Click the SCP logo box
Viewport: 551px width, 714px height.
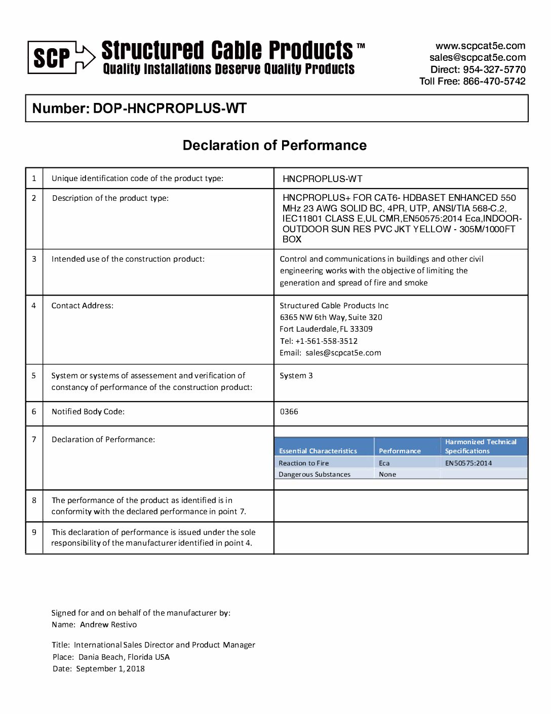click(x=52, y=58)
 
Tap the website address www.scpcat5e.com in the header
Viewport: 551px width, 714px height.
click(x=480, y=46)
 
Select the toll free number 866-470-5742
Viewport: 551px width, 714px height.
click(x=494, y=81)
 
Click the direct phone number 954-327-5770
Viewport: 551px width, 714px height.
click(x=494, y=69)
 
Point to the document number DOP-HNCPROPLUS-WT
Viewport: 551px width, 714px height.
click(x=170, y=109)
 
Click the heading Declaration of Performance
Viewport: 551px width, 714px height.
click(x=274, y=146)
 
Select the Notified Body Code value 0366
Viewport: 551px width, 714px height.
click(x=289, y=412)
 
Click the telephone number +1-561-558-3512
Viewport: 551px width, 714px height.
click(x=326, y=341)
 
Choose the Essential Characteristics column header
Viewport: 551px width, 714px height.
click(x=318, y=451)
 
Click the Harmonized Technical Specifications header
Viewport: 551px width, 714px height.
click(x=481, y=446)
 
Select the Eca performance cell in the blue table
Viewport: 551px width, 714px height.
click(x=384, y=463)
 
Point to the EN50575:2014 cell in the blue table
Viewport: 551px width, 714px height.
click(x=468, y=463)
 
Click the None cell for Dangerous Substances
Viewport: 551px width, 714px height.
click(x=387, y=475)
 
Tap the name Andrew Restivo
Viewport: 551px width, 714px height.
click(x=108, y=625)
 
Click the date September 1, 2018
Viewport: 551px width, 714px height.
click(x=110, y=669)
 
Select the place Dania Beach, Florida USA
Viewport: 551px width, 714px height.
click(x=124, y=657)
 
